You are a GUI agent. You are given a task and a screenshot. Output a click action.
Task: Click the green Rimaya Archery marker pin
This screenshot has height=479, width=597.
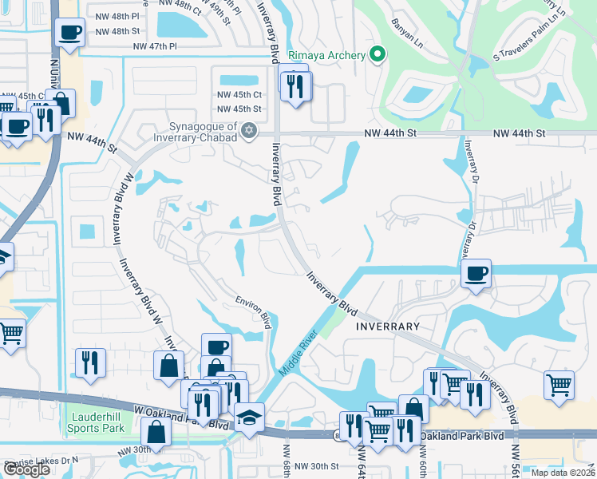pos(378,55)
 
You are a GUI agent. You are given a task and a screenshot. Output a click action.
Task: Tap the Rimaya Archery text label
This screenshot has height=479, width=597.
pos(332,55)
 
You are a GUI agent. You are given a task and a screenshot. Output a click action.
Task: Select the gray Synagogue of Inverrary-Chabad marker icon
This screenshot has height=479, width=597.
pos(249,130)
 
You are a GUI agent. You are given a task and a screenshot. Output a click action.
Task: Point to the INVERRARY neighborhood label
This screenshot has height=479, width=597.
pos(387,327)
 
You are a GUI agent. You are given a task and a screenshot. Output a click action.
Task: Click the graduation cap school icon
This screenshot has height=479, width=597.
pos(248,417)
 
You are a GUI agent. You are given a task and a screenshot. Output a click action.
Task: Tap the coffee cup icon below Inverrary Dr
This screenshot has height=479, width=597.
pos(476,273)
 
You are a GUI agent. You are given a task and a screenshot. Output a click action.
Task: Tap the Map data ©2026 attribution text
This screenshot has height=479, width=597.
pos(562,473)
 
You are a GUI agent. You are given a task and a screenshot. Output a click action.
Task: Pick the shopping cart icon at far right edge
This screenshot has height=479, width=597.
pos(559,385)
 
